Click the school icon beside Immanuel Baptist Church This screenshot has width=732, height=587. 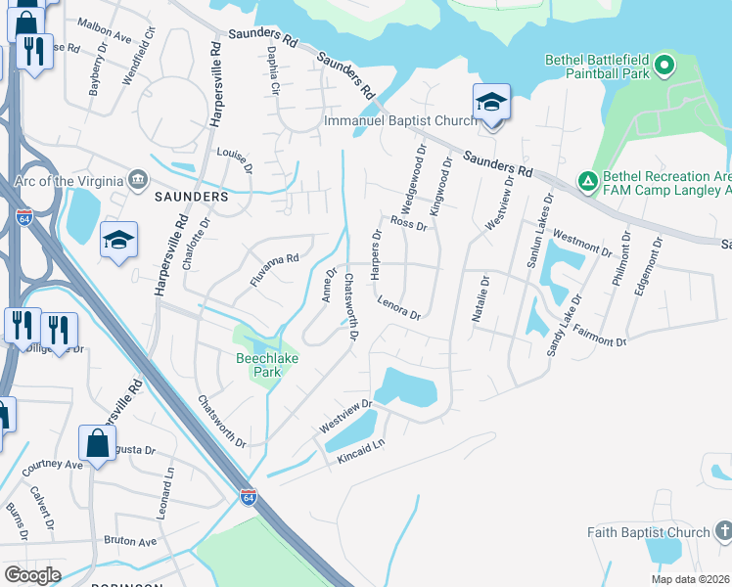tap(491, 103)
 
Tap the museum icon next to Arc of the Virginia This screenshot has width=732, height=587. tap(138, 180)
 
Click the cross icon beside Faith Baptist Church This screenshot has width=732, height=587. tap(723, 531)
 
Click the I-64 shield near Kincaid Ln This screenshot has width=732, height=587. tap(249, 498)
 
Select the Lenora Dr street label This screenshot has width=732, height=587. tap(398, 309)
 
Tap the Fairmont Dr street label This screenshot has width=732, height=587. tap(599, 336)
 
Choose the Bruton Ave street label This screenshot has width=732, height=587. tap(130, 541)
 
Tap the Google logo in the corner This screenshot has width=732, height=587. tap(33, 575)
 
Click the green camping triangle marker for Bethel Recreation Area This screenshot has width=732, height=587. tap(587, 181)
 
